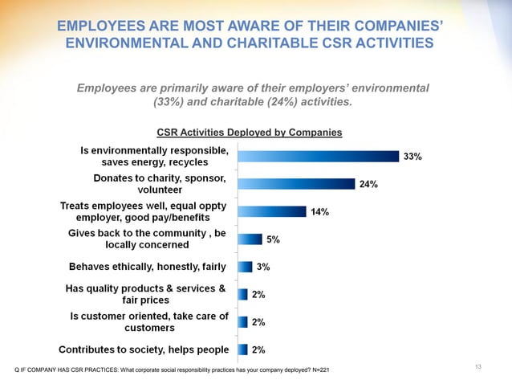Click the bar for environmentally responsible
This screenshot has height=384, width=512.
click(x=318, y=156)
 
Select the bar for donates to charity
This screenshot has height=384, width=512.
click(x=295, y=184)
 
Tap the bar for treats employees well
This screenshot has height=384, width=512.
click(x=271, y=211)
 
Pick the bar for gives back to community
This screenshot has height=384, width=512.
click(x=250, y=239)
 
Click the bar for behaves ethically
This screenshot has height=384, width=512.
click(x=245, y=267)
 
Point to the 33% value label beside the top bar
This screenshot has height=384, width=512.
click(x=412, y=157)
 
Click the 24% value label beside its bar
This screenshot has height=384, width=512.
click(x=368, y=184)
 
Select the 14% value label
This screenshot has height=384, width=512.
click(x=319, y=212)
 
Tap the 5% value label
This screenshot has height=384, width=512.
click(x=273, y=239)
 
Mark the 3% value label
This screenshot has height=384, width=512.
click(x=262, y=267)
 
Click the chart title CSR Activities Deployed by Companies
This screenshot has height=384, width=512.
click(x=249, y=133)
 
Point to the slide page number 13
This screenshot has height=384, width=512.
click(x=477, y=367)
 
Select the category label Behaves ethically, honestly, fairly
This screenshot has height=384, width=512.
click(x=144, y=267)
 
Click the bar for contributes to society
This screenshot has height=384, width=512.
click(x=242, y=349)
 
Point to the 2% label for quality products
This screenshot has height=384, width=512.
click(x=258, y=295)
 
